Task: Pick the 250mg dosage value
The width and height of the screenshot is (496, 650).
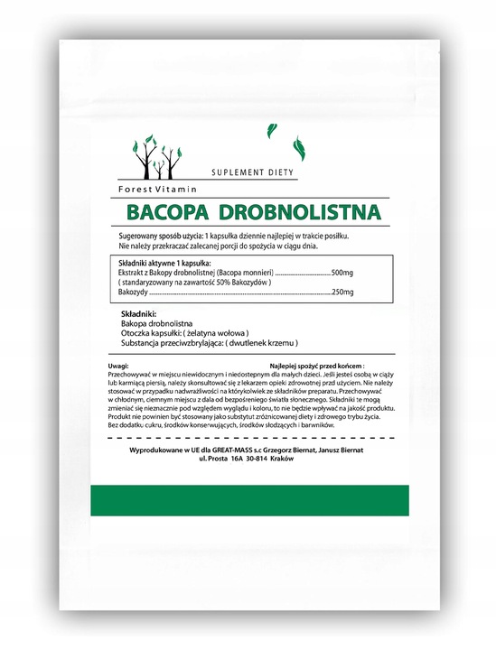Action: (x=342, y=292)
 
